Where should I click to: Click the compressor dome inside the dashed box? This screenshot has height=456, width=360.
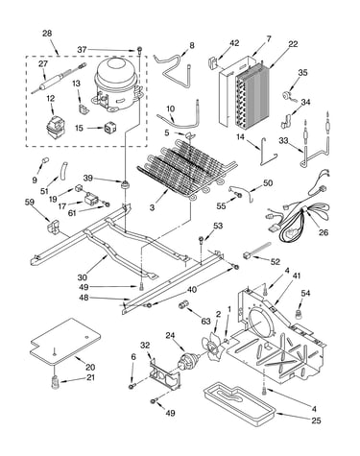pyautogui.click(x=117, y=84)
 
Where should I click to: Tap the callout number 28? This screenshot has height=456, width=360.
pyautogui.click(x=47, y=34)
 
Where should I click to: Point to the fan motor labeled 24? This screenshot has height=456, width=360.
pyautogui.click(x=188, y=361)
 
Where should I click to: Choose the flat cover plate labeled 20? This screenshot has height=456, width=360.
pyautogui.click(x=65, y=342)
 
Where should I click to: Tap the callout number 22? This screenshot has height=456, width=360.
pyautogui.click(x=293, y=44)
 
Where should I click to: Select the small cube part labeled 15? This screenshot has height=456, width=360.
pyautogui.click(x=109, y=128)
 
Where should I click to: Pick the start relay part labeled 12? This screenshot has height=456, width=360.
pyautogui.click(x=54, y=127)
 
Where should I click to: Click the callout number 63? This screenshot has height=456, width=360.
pyautogui.click(x=206, y=321)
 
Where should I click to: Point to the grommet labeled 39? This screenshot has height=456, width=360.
pyautogui.click(x=124, y=184)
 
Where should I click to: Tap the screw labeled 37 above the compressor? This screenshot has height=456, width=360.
pyautogui.click(x=139, y=50)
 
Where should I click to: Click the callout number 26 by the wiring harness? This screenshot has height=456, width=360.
pyautogui.click(x=324, y=232)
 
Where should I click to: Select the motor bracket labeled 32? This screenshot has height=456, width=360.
pyautogui.click(x=162, y=374)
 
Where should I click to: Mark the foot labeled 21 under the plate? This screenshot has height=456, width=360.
pyautogui.click(x=56, y=381)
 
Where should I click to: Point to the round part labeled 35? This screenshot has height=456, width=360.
pyautogui.click(x=286, y=96)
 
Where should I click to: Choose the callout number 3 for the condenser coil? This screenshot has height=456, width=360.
pyautogui.click(x=152, y=207)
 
